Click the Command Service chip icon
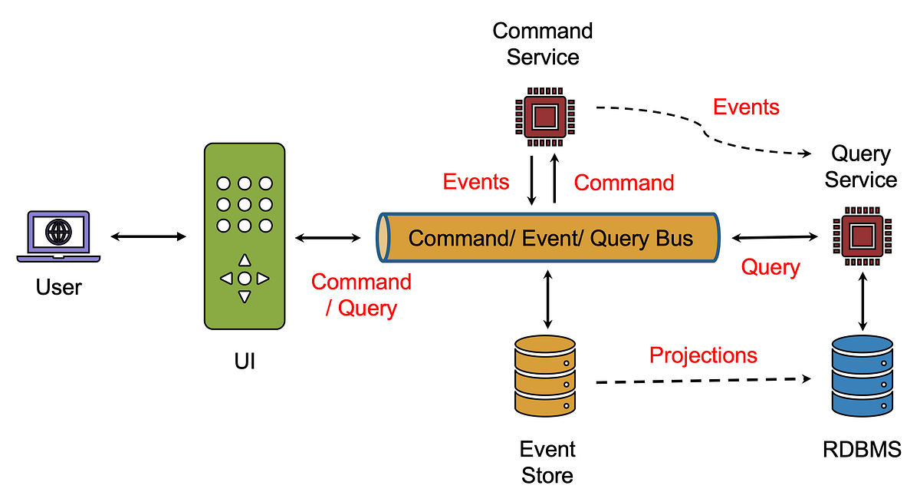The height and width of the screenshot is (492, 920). (544, 117)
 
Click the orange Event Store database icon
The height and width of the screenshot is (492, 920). (545, 377)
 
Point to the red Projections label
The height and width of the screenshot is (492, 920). (703, 355)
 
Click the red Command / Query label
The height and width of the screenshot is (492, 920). (361, 295)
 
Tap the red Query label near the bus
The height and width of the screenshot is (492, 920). (770, 267)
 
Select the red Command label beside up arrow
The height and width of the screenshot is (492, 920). (624, 183)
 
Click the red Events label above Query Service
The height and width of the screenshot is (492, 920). (746, 107)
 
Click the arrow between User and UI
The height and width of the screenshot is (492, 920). (148, 237)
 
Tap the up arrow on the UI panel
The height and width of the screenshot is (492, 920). (245, 260)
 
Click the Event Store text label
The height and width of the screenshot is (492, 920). (547, 462)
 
